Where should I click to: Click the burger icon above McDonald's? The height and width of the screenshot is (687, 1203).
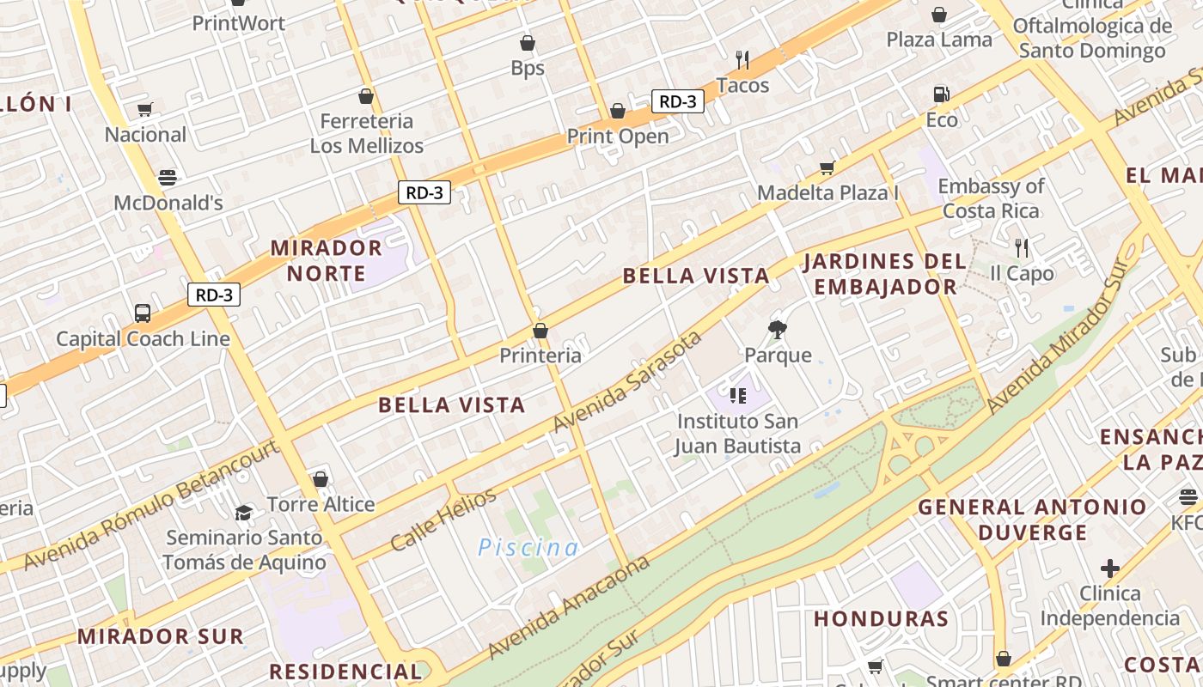tap(168, 178)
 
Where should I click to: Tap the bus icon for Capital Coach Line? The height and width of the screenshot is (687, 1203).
tap(143, 313)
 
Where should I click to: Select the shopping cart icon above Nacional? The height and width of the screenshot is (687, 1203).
tap(144, 109)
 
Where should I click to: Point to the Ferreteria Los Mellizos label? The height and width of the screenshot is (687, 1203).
tap(367, 133)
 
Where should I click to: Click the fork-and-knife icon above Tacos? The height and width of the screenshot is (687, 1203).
tap(742, 60)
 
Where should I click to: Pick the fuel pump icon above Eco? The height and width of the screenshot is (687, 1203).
tap(941, 94)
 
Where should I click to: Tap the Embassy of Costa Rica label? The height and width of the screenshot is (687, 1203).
tap(991, 198)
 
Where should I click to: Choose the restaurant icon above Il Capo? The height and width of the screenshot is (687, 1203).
tap(1021, 248)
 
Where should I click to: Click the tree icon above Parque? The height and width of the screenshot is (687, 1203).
tap(778, 329)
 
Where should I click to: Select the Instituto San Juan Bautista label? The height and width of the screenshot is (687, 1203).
tap(738, 434)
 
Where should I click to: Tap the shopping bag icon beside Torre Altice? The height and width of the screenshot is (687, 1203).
tap(321, 479)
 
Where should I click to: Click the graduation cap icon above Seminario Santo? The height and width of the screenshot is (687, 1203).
tap(244, 513)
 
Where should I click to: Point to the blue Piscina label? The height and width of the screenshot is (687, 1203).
tap(528, 547)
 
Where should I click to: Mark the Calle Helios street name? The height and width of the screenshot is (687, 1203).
tap(443, 520)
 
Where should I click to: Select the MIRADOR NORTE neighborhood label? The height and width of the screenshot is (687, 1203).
tap(327, 260)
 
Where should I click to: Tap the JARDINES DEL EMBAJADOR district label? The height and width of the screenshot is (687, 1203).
tap(885, 274)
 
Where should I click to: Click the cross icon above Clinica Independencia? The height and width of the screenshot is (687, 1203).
tap(1110, 568)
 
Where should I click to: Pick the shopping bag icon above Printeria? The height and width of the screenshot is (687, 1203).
tap(540, 331)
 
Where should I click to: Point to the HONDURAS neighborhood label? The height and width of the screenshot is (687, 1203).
tap(881, 619)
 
